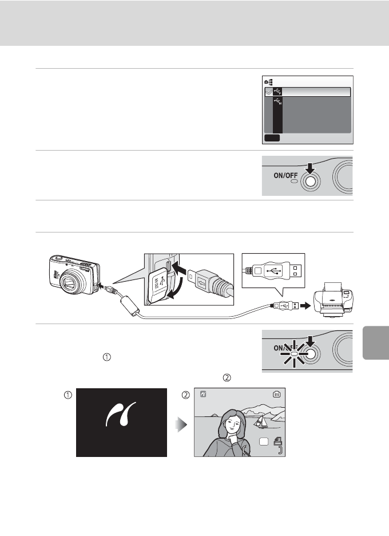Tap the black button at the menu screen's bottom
(x=272, y=137)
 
